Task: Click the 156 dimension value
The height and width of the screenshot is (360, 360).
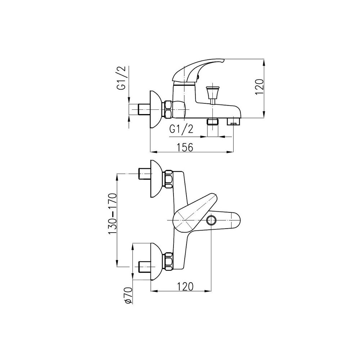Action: (x=185, y=147)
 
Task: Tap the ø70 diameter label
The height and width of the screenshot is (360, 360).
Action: (x=129, y=296)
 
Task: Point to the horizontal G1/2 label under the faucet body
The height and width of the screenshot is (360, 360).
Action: (x=181, y=130)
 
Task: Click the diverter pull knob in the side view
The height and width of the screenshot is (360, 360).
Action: (x=211, y=92)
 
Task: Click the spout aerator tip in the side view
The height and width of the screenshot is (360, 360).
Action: (x=234, y=122)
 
